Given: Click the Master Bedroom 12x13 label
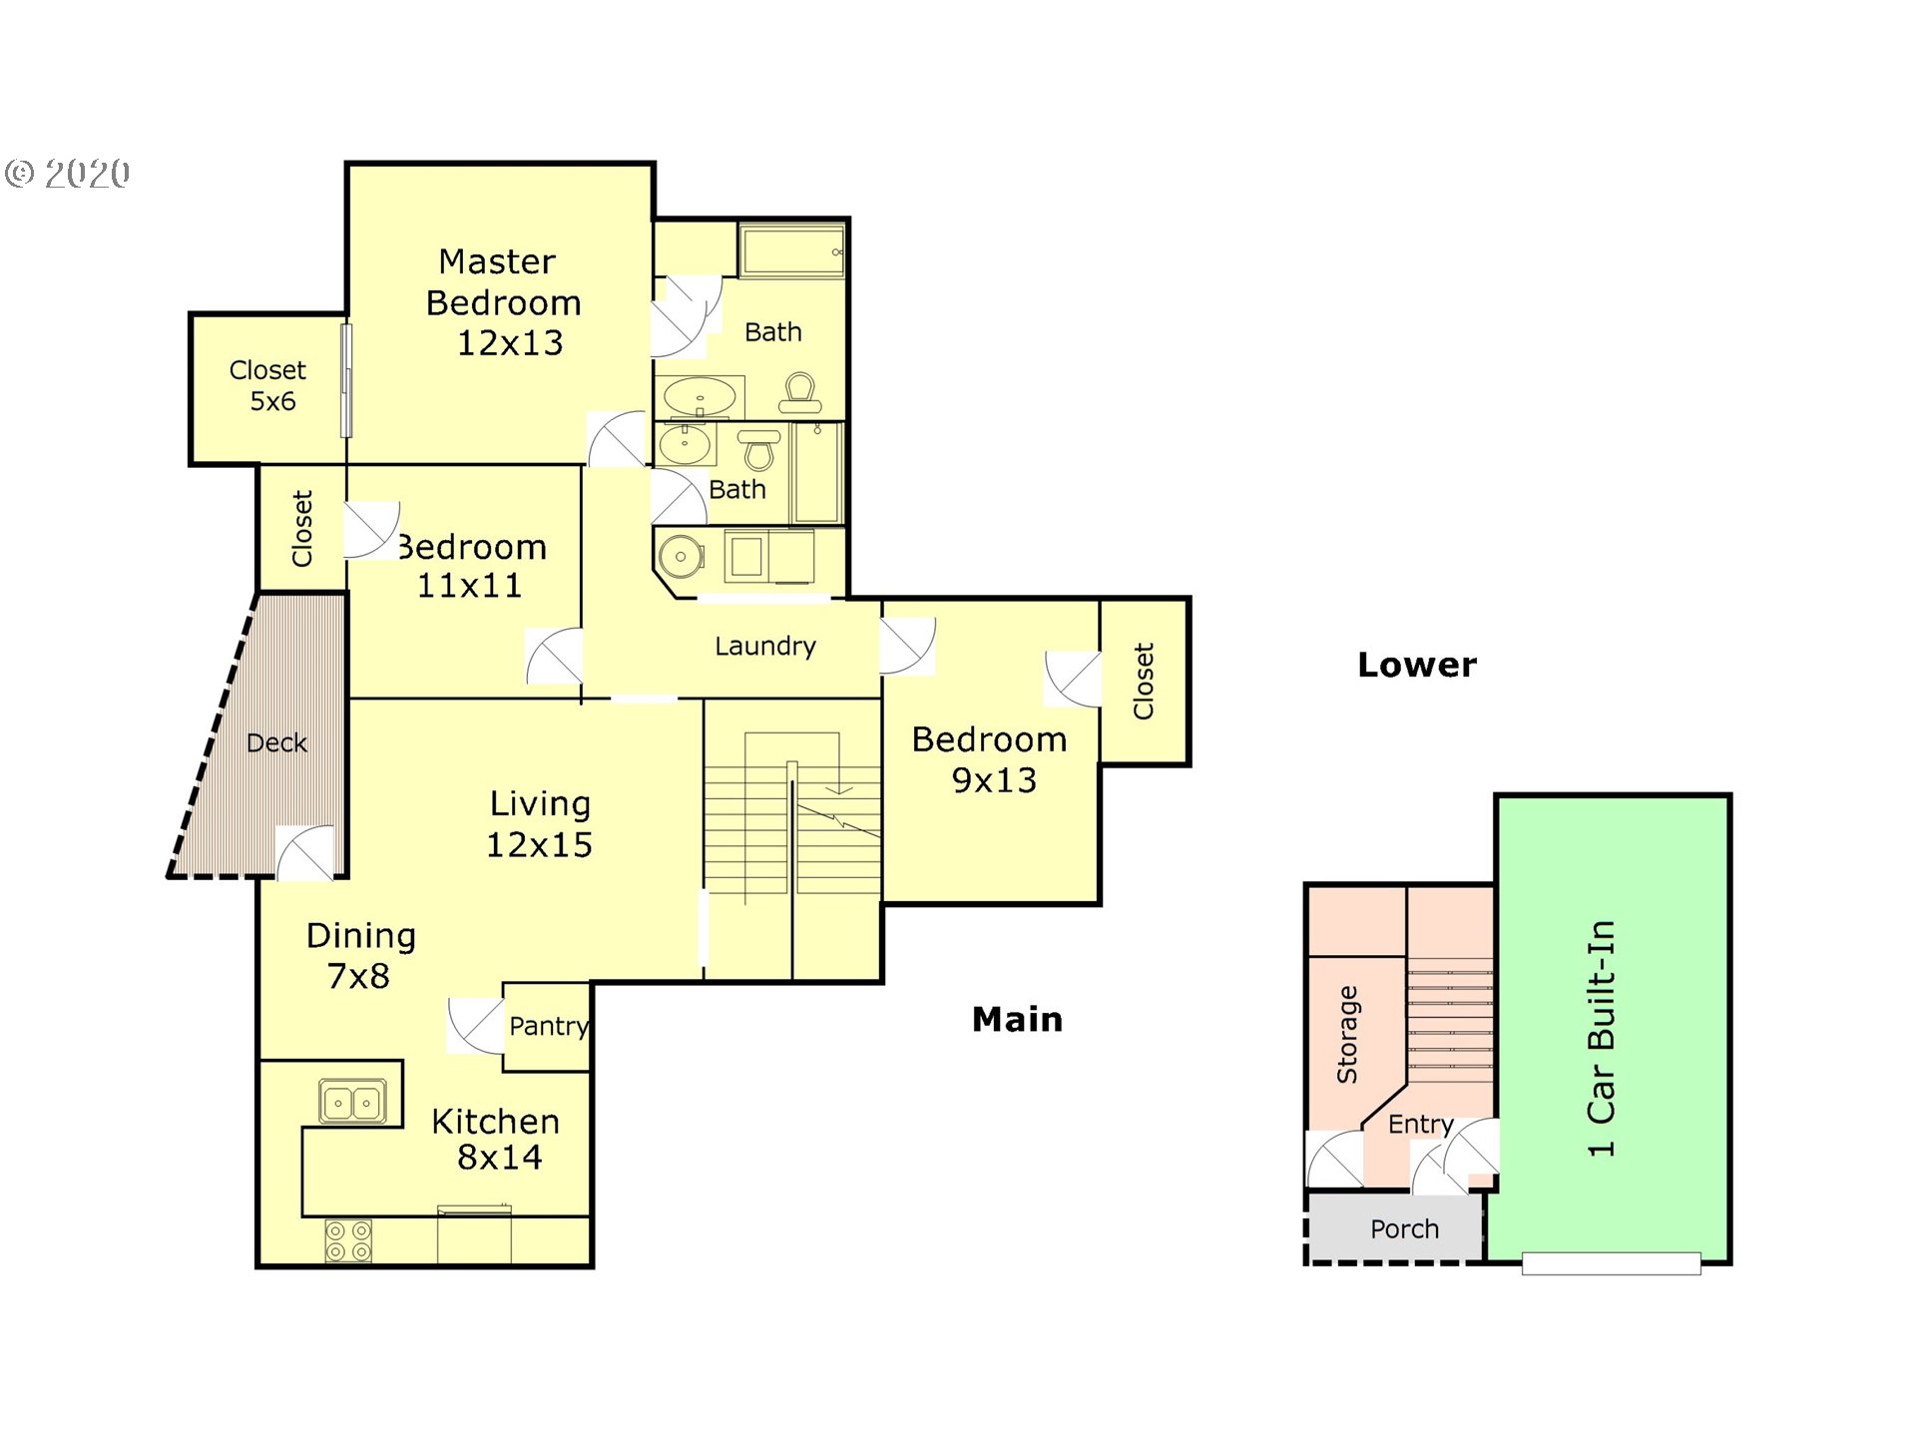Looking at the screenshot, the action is pos(503,301).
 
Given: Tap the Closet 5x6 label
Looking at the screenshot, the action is pos(267,385).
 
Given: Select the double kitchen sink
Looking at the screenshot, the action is pos(352,1102).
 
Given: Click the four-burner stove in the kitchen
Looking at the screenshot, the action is pos(348,1241).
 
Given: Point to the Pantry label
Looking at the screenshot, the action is pos(548,1027).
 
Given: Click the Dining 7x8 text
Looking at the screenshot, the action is pos(360,955).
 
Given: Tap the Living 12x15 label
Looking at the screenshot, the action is pos(539,824).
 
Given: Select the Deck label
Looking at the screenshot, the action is pos(276,742).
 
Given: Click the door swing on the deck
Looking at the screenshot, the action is pos(304,853).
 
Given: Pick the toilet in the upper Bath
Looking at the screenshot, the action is pos(800,392).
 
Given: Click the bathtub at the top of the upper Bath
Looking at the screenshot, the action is pos(792,248).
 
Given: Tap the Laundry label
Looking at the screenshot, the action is pos(765,647).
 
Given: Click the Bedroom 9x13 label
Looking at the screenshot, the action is pos(990,759).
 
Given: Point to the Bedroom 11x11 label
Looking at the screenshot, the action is pos(472,566).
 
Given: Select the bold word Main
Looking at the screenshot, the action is pos(1018,1019).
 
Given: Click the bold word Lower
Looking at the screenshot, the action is pos(1417,665).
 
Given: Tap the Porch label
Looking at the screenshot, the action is pos(1404,1228).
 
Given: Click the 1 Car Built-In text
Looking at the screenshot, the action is pos(1601,1038).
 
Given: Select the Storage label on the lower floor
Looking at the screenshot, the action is pos(1347,1034).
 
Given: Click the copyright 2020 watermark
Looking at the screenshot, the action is pos(68,174).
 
